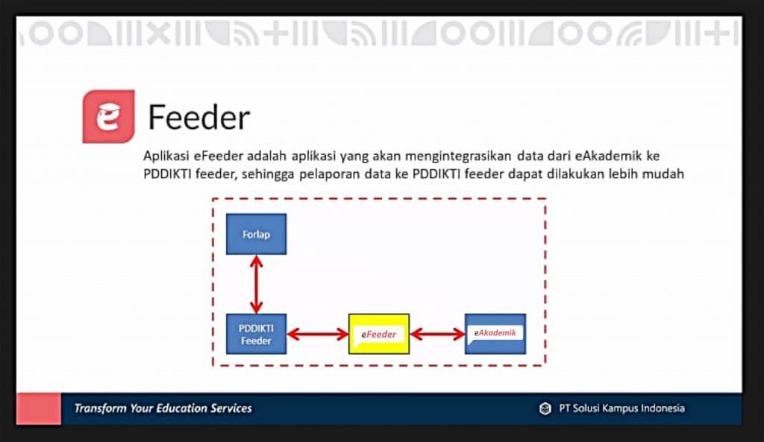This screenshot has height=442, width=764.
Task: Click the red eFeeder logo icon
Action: pyautogui.click(x=108, y=116)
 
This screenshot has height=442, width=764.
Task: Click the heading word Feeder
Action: pyautogui.click(x=198, y=118)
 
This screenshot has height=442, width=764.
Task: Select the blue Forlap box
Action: pyautogui.click(x=256, y=234)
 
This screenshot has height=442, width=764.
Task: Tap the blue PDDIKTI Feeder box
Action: pyautogui.click(x=256, y=334)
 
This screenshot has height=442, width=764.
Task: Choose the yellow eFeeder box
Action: pyautogui.click(x=379, y=334)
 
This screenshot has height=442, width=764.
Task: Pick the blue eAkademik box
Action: pyautogui.click(x=495, y=333)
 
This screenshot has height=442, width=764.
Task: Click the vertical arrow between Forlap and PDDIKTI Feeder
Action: pyautogui.click(x=256, y=284)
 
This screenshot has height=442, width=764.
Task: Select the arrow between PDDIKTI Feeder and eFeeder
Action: pyautogui.click(x=318, y=334)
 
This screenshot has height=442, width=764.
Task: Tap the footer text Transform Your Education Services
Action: pyautogui.click(x=163, y=408)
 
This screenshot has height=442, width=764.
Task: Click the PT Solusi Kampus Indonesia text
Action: pyautogui.click(x=621, y=408)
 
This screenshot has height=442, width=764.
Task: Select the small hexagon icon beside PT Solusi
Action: pyautogui.click(x=545, y=408)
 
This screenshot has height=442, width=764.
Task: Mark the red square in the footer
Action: pyautogui.click(x=39, y=408)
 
